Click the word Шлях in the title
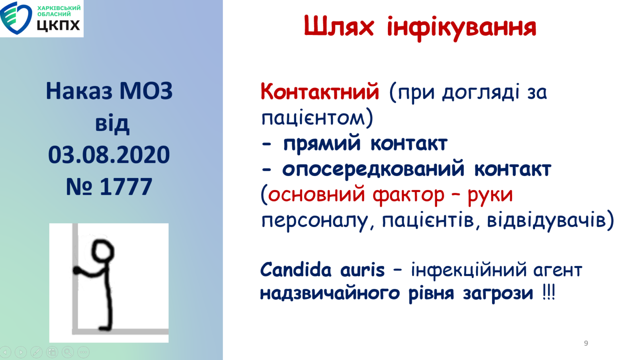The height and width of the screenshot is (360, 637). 339,26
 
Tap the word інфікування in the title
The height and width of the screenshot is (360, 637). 461,28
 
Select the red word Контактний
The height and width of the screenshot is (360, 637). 320,92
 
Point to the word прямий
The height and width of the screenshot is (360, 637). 322,144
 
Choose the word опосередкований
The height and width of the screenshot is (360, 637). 373,170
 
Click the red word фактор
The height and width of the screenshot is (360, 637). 408,196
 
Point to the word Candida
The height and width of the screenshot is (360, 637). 296,269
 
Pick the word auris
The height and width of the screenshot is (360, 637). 363,270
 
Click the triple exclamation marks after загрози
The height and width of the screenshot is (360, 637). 549,293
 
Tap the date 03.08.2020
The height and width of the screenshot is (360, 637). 109,155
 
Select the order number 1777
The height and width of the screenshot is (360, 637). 126,187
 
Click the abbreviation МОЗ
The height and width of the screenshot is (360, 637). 146,91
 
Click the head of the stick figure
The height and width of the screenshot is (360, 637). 103,250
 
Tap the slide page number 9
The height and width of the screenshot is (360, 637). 586,343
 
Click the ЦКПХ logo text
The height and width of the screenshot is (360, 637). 58,25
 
